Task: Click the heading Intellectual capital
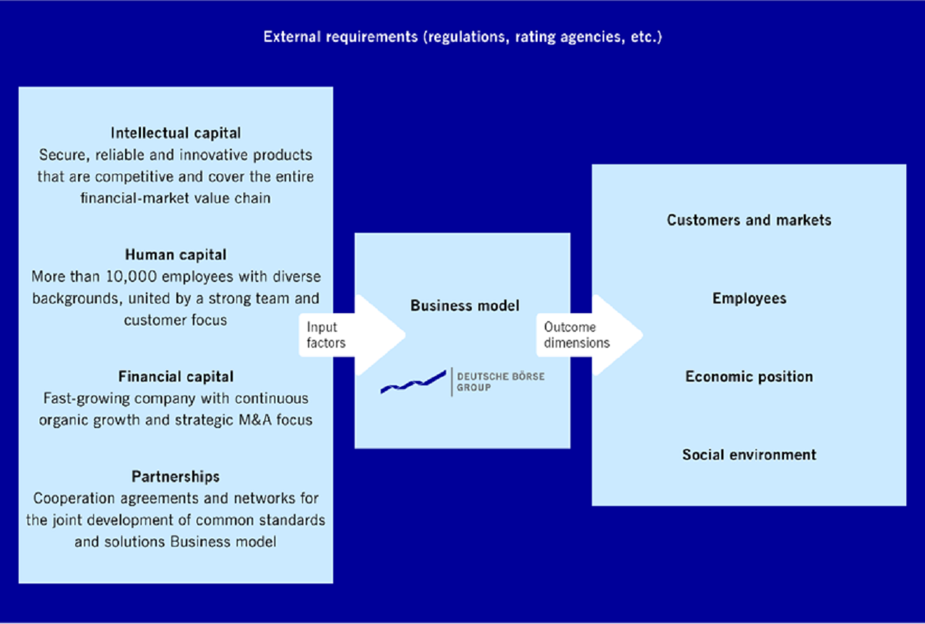pos(176,133)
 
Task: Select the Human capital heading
pos(176,255)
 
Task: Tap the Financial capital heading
pos(176,377)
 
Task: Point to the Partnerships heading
pos(176,476)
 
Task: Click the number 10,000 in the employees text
pos(132,276)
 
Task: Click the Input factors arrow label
pos(326,335)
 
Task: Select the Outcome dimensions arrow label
pos(577,335)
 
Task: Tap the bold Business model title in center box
pos(465,306)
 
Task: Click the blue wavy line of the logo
pos(413,382)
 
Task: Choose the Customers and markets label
pos(749,221)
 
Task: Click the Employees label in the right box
pos(749,299)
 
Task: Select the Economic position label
pos(749,377)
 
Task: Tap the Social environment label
pos(749,455)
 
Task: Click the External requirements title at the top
pos(462,37)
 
